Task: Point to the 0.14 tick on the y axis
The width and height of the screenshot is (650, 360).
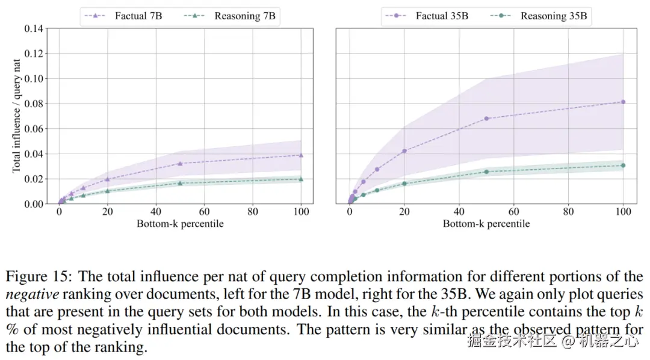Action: click(x=34, y=28)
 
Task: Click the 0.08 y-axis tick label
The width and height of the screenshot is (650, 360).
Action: click(x=34, y=104)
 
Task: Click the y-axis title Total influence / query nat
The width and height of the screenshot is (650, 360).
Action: click(x=17, y=116)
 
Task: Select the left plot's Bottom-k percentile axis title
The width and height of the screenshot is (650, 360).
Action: click(x=180, y=224)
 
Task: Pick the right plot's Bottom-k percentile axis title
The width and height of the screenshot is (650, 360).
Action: click(x=486, y=224)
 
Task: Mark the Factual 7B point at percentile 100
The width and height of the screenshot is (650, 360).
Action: click(x=301, y=155)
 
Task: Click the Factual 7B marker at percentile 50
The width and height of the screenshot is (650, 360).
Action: click(x=180, y=163)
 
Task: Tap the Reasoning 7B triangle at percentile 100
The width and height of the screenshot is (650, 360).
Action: click(x=301, y=179)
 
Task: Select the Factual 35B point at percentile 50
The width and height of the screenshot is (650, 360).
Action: click(x=486, y=119)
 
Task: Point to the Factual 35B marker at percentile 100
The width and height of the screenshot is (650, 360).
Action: click(x=623, y=102)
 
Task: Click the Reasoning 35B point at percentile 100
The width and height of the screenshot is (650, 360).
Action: click(x=623, y=165)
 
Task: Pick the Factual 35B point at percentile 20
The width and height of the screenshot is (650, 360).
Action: click(x=404, y=151)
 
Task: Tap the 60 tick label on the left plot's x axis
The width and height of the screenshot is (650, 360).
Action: click(x=204, y=212)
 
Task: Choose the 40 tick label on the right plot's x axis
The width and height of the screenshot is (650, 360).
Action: click(x=459, y=212)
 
